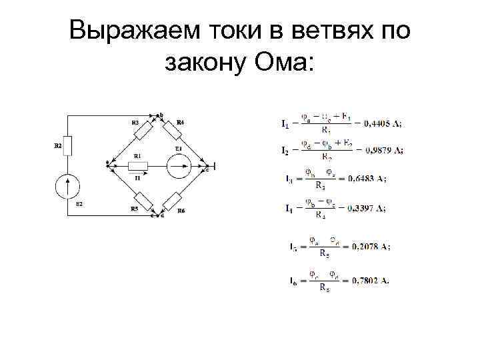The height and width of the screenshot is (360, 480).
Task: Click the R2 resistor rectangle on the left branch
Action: click(x=67, y=146)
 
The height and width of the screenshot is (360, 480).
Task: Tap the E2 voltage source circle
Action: click(x=67, y=185)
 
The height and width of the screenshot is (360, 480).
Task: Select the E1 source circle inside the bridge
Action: click(x=179, y=166)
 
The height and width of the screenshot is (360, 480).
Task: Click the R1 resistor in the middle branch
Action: click(x=138, y=166)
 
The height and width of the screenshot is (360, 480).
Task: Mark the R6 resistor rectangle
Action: click(x=174, y=200)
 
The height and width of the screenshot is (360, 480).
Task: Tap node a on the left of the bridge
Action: click(x=109, y=163)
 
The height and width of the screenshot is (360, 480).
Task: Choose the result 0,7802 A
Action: click(x=369, y=281)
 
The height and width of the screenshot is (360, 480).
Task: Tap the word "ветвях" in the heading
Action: click(x=325, y=31)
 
